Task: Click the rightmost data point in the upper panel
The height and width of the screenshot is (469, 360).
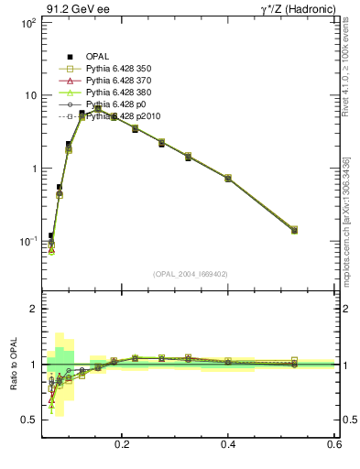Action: click(x=294, y=230)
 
